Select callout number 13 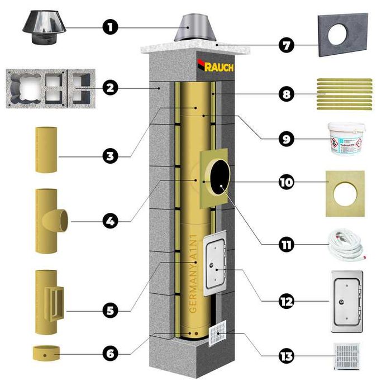coord(286,356)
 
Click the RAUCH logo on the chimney coord(216,66)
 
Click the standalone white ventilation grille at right coord(346,356)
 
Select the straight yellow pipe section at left coord(46,149)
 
